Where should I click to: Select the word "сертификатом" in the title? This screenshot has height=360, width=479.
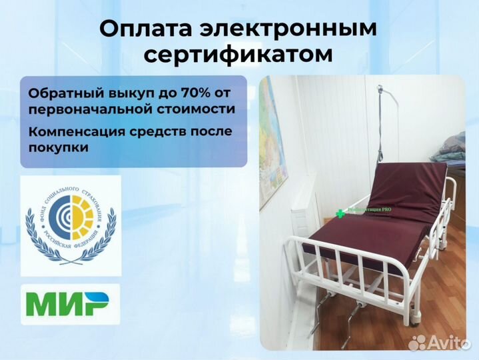pos(239,55)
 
